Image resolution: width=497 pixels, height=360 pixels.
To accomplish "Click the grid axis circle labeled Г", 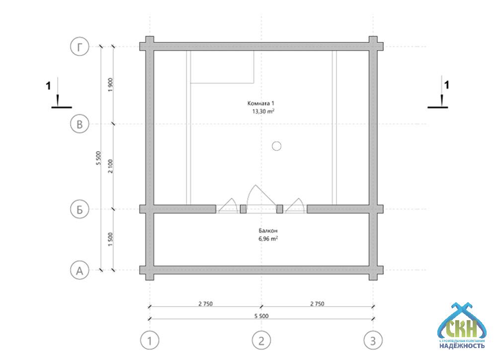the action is point(79,46).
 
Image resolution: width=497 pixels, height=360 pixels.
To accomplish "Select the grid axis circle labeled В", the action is point(79,124).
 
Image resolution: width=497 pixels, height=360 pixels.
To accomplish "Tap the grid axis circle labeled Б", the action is point(79,209).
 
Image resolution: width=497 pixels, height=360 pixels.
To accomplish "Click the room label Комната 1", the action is point(261,103).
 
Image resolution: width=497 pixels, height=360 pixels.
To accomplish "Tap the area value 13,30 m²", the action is point(263,111).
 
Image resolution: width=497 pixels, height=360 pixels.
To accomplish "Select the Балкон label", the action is point(268,231).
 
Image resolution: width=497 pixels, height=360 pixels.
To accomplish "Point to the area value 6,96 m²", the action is point(268,239).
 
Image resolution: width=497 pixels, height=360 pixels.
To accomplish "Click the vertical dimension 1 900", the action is point(110,85).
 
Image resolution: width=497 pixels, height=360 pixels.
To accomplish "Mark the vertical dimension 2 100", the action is point(110,166).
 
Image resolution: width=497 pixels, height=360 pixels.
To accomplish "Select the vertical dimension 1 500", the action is point(110,240).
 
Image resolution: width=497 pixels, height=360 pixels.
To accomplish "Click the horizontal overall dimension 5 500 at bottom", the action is point(261,316).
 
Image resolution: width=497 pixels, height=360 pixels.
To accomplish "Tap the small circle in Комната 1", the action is point(277,146).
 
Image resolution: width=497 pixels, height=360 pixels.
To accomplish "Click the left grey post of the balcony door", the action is point(243,209).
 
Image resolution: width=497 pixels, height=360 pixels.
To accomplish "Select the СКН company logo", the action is point(462,326).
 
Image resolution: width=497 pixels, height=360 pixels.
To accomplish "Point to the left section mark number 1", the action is point(48,86).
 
